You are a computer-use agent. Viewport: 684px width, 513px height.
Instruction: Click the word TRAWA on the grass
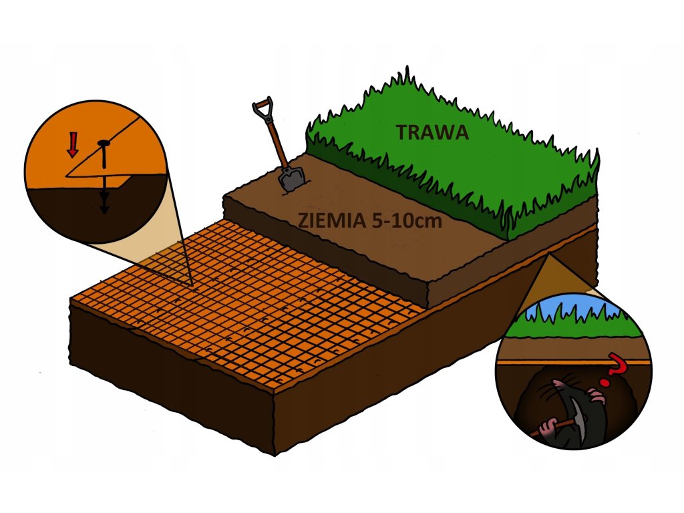[432, 132]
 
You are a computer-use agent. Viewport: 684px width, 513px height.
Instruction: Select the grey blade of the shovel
[292, 178]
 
